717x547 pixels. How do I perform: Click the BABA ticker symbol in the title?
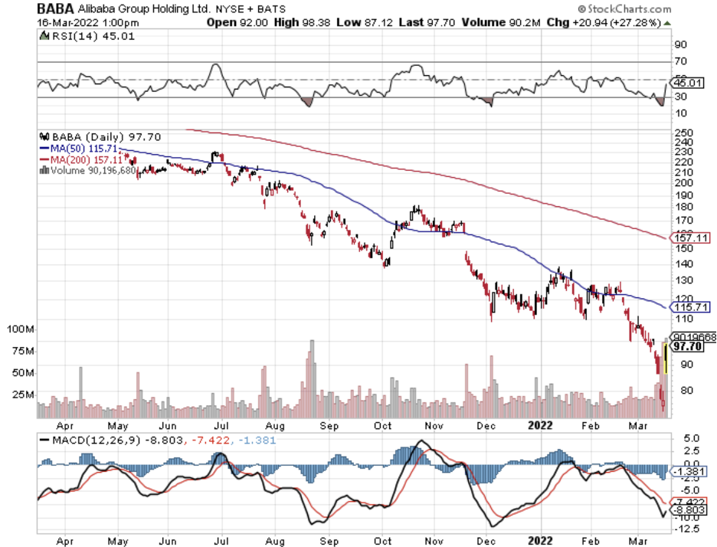tap(55, 9)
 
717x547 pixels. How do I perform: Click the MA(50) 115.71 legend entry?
tap(80, 147)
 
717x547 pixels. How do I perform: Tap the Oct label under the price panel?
tap(382, 425)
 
